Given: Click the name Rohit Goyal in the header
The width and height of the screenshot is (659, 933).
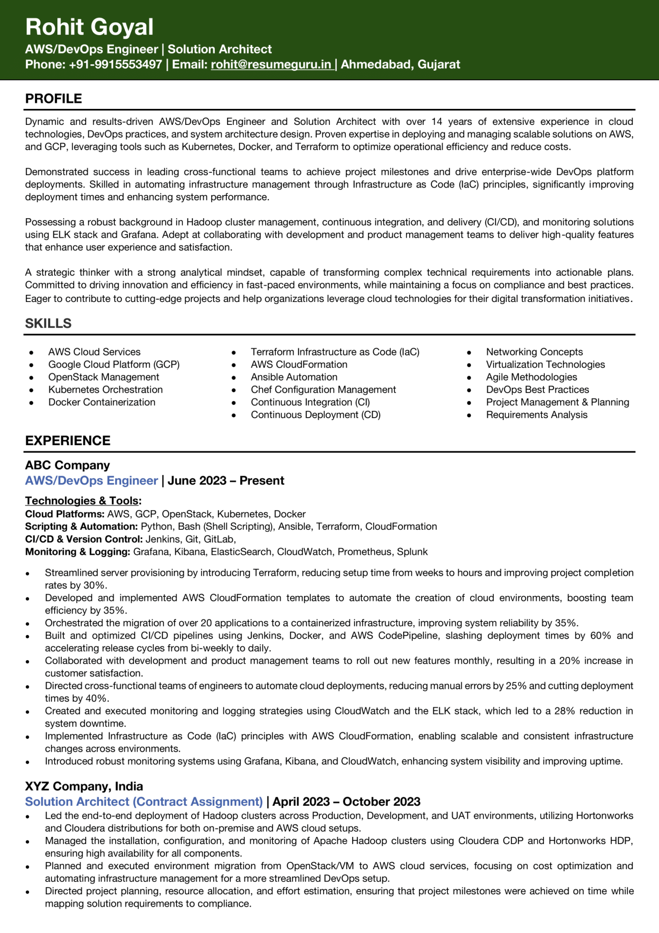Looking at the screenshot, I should [89, 27].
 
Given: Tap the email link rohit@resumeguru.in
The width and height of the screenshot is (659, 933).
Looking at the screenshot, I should [271, 64].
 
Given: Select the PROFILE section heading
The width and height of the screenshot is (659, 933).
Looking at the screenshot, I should [54, 98].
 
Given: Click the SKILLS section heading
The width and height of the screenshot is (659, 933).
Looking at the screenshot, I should [48, 323].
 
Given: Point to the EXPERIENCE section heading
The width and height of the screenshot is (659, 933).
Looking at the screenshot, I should [68, 441].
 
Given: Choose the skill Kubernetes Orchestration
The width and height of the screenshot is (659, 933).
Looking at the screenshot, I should [106, 390].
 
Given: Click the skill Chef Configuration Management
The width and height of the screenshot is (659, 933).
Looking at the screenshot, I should [323, 390].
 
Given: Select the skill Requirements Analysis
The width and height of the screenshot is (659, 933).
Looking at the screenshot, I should [537, 415].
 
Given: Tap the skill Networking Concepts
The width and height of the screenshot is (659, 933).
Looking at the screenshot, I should [534, 352].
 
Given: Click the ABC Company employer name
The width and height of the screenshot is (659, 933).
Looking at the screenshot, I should [67, 465].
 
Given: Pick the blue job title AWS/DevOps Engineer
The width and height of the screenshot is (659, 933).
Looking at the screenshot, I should [91, 481].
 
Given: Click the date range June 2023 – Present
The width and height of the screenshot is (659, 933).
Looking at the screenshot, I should [226, 481].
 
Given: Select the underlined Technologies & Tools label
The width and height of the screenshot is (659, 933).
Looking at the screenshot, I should [82, 501].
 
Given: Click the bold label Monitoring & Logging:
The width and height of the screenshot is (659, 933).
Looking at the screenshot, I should [78, 552].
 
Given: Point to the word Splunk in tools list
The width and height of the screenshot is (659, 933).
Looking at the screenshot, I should [412, 552].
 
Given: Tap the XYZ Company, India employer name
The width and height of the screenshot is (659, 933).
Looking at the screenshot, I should [84, 786].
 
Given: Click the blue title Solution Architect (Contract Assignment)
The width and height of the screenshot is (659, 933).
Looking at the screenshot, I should [144, 802].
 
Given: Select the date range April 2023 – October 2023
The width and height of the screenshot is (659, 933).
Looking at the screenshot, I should [346, 802].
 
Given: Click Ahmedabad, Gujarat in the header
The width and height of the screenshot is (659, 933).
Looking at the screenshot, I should [400, 64].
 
